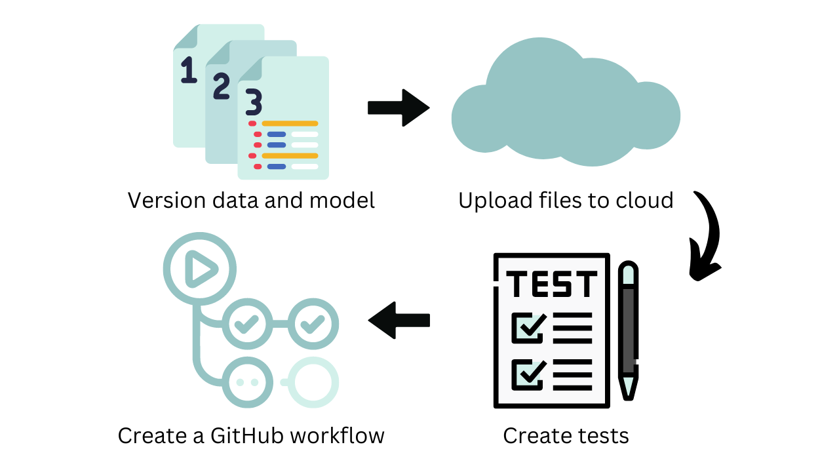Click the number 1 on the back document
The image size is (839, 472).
click(189, 70)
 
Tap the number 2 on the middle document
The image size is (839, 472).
click(222, 86)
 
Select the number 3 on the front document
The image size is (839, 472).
click(254, 103)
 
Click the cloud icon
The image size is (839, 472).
click(565, 105)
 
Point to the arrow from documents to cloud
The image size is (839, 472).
click(399, 107)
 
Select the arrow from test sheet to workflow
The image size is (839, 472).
click(399, 320)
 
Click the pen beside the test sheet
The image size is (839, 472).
click(629, 331)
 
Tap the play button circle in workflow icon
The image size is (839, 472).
click(199, 268)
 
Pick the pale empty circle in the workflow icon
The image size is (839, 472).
click(313, 382)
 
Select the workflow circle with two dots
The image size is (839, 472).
click(248, 382)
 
